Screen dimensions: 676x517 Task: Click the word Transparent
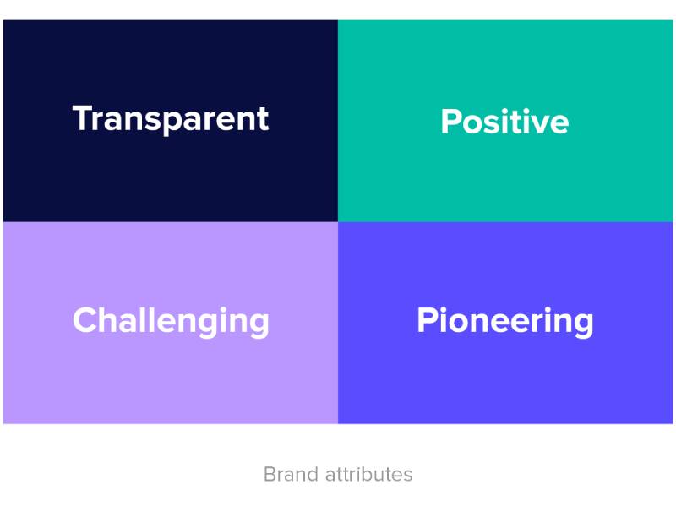click(171, 120)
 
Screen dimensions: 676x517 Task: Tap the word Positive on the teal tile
click(504, 122)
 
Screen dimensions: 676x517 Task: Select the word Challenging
click(172, 321)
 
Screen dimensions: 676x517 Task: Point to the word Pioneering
click(504, 321)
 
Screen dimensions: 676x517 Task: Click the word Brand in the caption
click(292, 475)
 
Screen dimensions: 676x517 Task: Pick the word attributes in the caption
click(369, 475)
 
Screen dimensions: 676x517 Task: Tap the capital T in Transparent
click(84, 117)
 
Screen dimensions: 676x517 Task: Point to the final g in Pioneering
click(584, 326)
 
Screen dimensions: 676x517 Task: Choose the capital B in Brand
click(270, 475)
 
